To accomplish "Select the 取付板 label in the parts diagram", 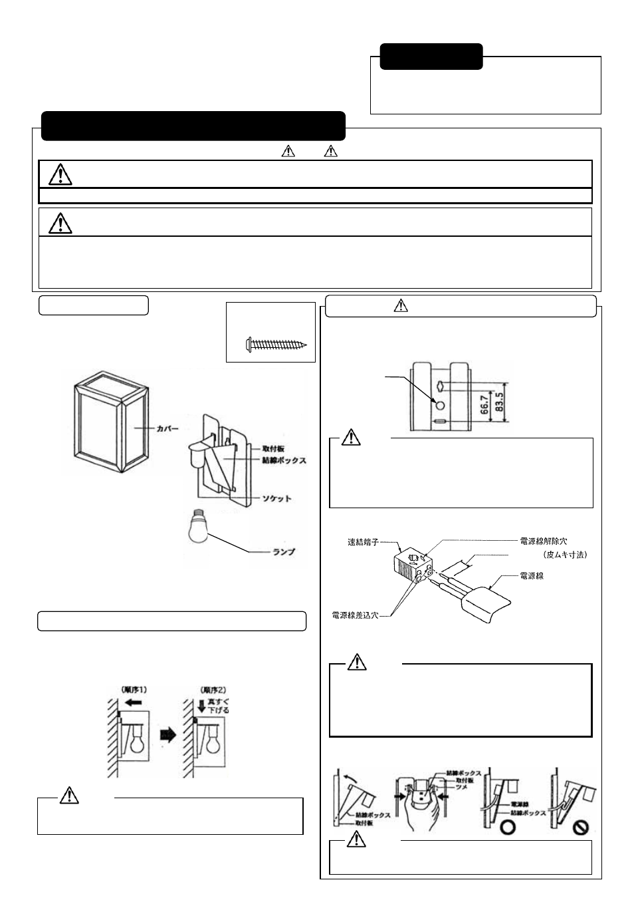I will pyautogui.click(x=273, y=450).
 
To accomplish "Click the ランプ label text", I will pyautogui.click(x=284, y=551).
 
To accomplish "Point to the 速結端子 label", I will pyautogui.click(x=363, y=542).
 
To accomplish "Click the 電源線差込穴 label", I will pyautogui.click(x=354, y=616).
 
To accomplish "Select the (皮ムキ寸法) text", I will pyautogui.click(x=564, y=554).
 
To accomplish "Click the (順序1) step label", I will pyautogui.click(x=134, y=690).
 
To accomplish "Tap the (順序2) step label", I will pyautogui.click(x=211, y=690).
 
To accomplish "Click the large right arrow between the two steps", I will pyautogui.click(x=168, y=735).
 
